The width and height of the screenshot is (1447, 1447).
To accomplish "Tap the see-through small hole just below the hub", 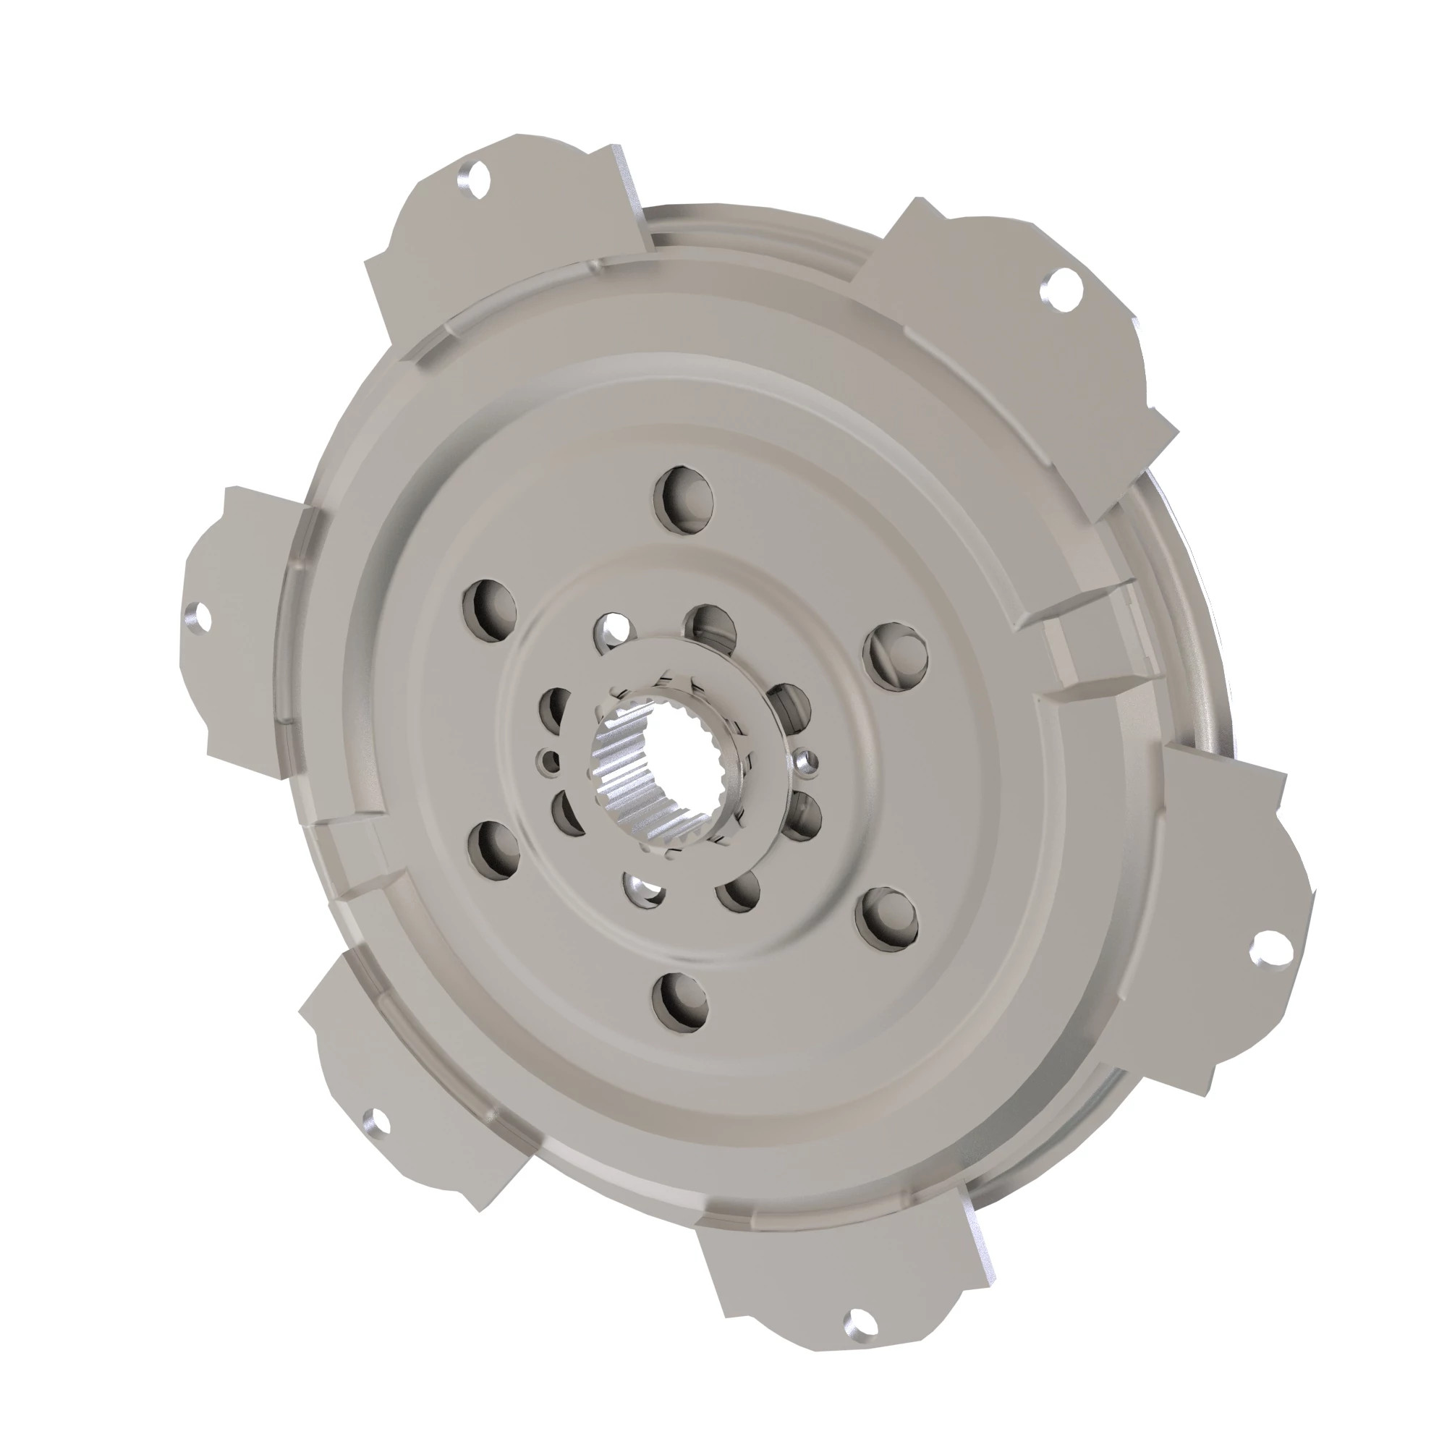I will click(x=645, y=890).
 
